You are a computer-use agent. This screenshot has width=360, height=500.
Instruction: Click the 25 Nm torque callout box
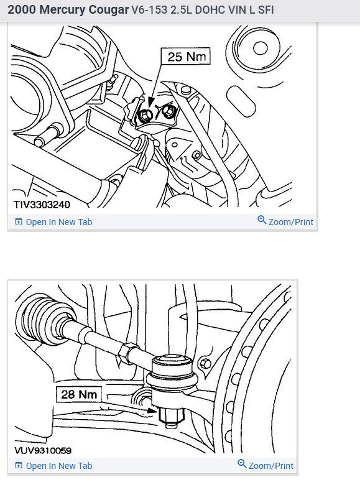pyautogui.click(x=186, y=57)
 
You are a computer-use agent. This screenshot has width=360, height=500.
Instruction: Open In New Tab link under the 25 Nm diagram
pyautogui.click(x=58, y=222)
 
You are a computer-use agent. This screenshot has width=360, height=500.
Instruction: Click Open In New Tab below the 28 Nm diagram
pyautogui.click(x=58, y=466)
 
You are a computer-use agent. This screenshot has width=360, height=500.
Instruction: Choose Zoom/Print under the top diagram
pyautogui.click(x=290, y=222)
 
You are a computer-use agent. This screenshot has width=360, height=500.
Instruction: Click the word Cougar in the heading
pyautogui.click(x=104, y=11)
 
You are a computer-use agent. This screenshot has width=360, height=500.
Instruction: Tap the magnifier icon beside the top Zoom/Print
pyautogui.click(x=262, y=221)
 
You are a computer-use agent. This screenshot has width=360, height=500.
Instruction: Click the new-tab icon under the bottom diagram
pyautogui.click(x=18, y=466)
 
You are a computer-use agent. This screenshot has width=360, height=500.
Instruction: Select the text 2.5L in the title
pyautogui.click(x=176, y=11)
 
